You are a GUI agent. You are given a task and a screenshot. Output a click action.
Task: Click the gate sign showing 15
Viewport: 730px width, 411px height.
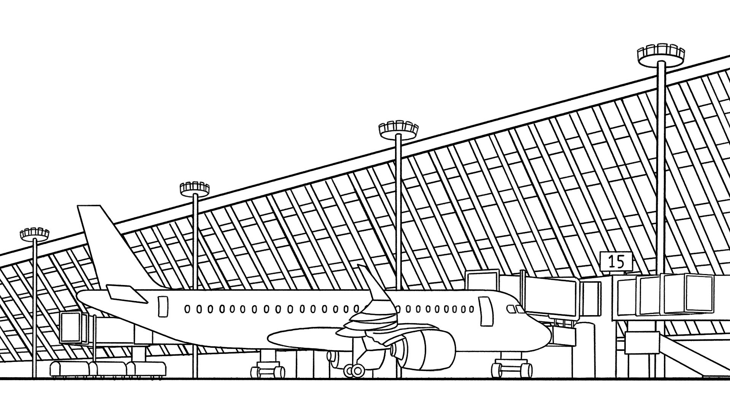click(616, 262)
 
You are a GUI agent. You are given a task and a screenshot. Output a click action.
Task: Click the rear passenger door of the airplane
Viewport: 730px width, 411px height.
click(163, 307)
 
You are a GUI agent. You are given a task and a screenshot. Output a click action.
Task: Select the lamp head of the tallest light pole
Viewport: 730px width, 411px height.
click(661, 55)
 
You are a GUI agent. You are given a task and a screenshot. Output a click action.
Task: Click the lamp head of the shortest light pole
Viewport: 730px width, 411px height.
click(35, 234)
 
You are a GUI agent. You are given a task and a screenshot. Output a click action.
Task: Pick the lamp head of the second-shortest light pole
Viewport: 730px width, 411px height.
click(195, 188)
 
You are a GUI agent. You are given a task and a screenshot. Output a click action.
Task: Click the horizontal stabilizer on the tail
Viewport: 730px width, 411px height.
click(125, 293)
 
